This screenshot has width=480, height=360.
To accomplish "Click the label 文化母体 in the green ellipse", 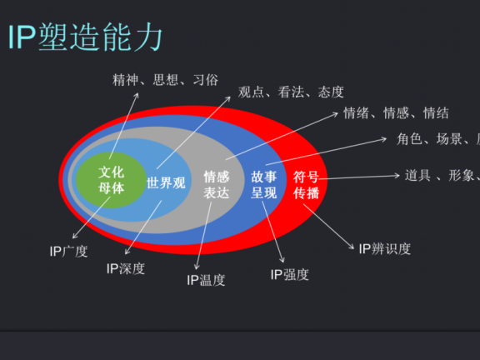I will pos(111,180).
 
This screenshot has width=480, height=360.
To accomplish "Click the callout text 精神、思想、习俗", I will pos(165,80).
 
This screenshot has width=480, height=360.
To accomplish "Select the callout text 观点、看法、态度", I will pos(290,92).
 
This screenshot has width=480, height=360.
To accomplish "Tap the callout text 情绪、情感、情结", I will pos(396,113).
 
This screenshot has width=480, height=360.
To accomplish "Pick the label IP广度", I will pos(68,250).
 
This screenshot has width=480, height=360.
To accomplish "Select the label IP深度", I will pos(126,268).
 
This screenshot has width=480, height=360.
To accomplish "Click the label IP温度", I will pos(206,280).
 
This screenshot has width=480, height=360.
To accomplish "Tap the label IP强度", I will pos(289,274).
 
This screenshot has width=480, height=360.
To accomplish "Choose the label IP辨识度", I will pos(384,248).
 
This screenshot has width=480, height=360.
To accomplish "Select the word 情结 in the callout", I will pos(436,113).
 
